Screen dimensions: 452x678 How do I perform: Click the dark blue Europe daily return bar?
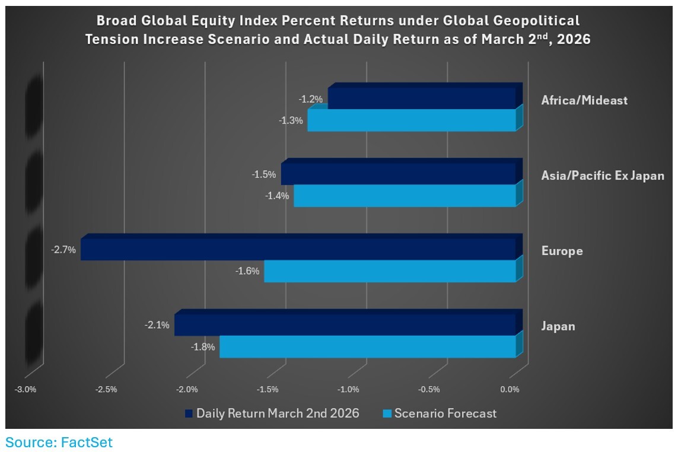297,249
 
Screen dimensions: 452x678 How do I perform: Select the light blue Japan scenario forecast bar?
368,347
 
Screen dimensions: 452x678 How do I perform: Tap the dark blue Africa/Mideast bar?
421,98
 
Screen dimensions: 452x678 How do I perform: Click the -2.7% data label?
63,250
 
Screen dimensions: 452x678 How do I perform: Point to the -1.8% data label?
203,347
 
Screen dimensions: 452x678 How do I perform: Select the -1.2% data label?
310,99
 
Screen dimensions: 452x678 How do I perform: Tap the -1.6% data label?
247,271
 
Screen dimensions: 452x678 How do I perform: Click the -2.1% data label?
157,325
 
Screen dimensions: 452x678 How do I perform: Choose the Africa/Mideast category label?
584,100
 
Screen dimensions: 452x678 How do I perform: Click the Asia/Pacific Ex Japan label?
602,176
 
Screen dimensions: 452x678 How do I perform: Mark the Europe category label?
562,251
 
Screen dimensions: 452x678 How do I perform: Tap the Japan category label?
558,326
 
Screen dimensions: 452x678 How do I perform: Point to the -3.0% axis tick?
26,390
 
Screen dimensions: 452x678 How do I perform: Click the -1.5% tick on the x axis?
268,390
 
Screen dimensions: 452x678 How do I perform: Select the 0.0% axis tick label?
510,390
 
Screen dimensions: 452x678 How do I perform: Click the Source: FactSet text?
59,442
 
